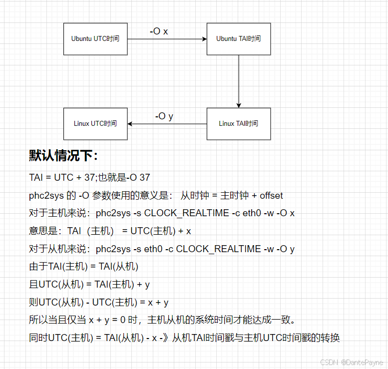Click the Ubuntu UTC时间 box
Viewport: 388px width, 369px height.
pos(95,38)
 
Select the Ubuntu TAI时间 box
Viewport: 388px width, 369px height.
pos(238,38)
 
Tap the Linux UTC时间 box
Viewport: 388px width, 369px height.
pos(95,123)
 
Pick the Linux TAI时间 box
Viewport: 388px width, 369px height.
pos(238,123)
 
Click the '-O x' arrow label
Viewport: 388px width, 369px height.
pos(158,31)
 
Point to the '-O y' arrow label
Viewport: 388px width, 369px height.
pos(164,116)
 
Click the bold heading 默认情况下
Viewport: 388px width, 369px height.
pos(63,156)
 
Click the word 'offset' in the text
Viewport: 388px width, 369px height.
pos(271,196)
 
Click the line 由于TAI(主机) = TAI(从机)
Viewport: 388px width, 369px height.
pos(83,267)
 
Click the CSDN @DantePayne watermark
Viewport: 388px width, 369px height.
pos(352,362)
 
